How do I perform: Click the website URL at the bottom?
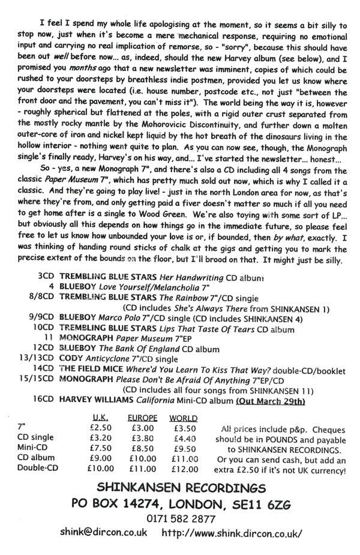(232, 532)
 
